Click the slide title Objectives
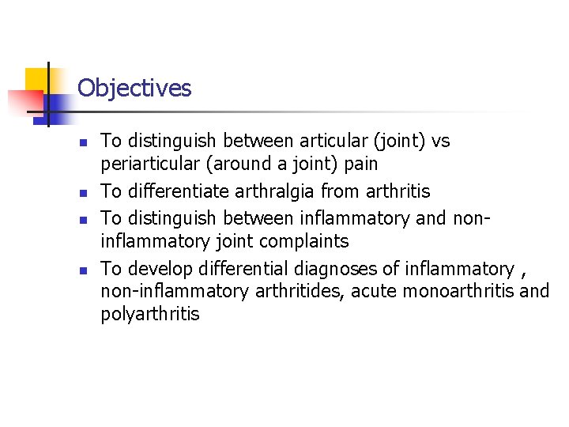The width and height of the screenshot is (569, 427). (134, 88)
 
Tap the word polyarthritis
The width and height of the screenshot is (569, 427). (150, 314)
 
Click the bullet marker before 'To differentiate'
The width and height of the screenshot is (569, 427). (81, 192)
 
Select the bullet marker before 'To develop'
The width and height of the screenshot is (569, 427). (81, 269)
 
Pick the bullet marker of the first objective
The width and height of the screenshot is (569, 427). (81, 142)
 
